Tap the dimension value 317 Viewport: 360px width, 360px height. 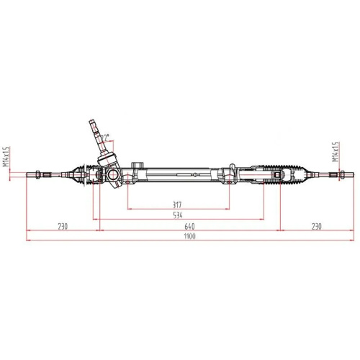[x=178, y=204]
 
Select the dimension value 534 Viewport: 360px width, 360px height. [x=178, y=215]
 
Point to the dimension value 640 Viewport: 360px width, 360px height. [x=189, y=225]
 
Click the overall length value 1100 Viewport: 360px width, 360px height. [x=189, y=236]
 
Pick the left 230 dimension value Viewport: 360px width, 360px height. [x=63, y=225]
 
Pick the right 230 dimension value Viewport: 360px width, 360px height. [x=315, y=225]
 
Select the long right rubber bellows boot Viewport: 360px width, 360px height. [x=292, y=174]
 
